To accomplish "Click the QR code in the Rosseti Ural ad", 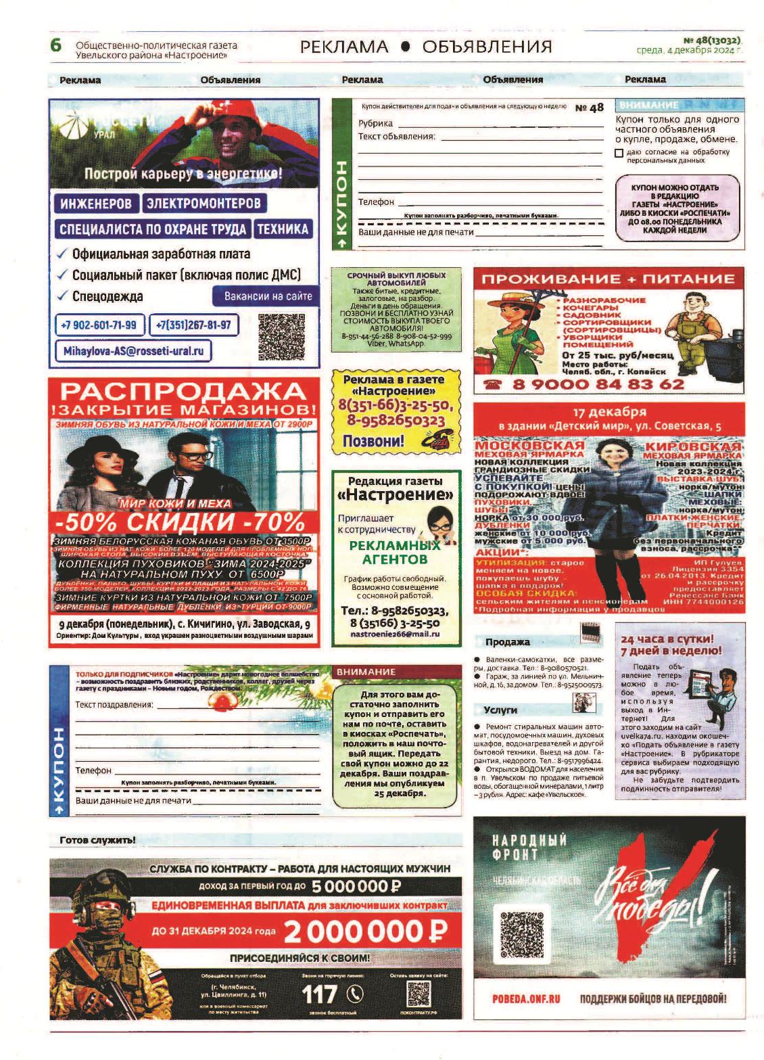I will (281, 336).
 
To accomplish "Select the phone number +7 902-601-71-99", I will (99, 325).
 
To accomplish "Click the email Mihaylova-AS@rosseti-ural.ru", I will (133, 351).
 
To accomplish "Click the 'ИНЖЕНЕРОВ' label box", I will (96, 203).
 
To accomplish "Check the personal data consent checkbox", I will (619, 153).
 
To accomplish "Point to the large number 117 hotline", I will (319, 994).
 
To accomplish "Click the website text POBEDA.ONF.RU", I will (526, 998).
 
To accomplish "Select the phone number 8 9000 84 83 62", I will (598, 384).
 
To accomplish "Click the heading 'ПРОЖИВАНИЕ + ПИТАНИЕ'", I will (608, 279).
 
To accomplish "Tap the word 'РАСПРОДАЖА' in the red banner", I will (183, 390).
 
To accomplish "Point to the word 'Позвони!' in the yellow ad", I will (373, 440).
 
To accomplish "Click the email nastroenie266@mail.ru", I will (395, 634).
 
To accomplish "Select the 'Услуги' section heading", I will (500, 710).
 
